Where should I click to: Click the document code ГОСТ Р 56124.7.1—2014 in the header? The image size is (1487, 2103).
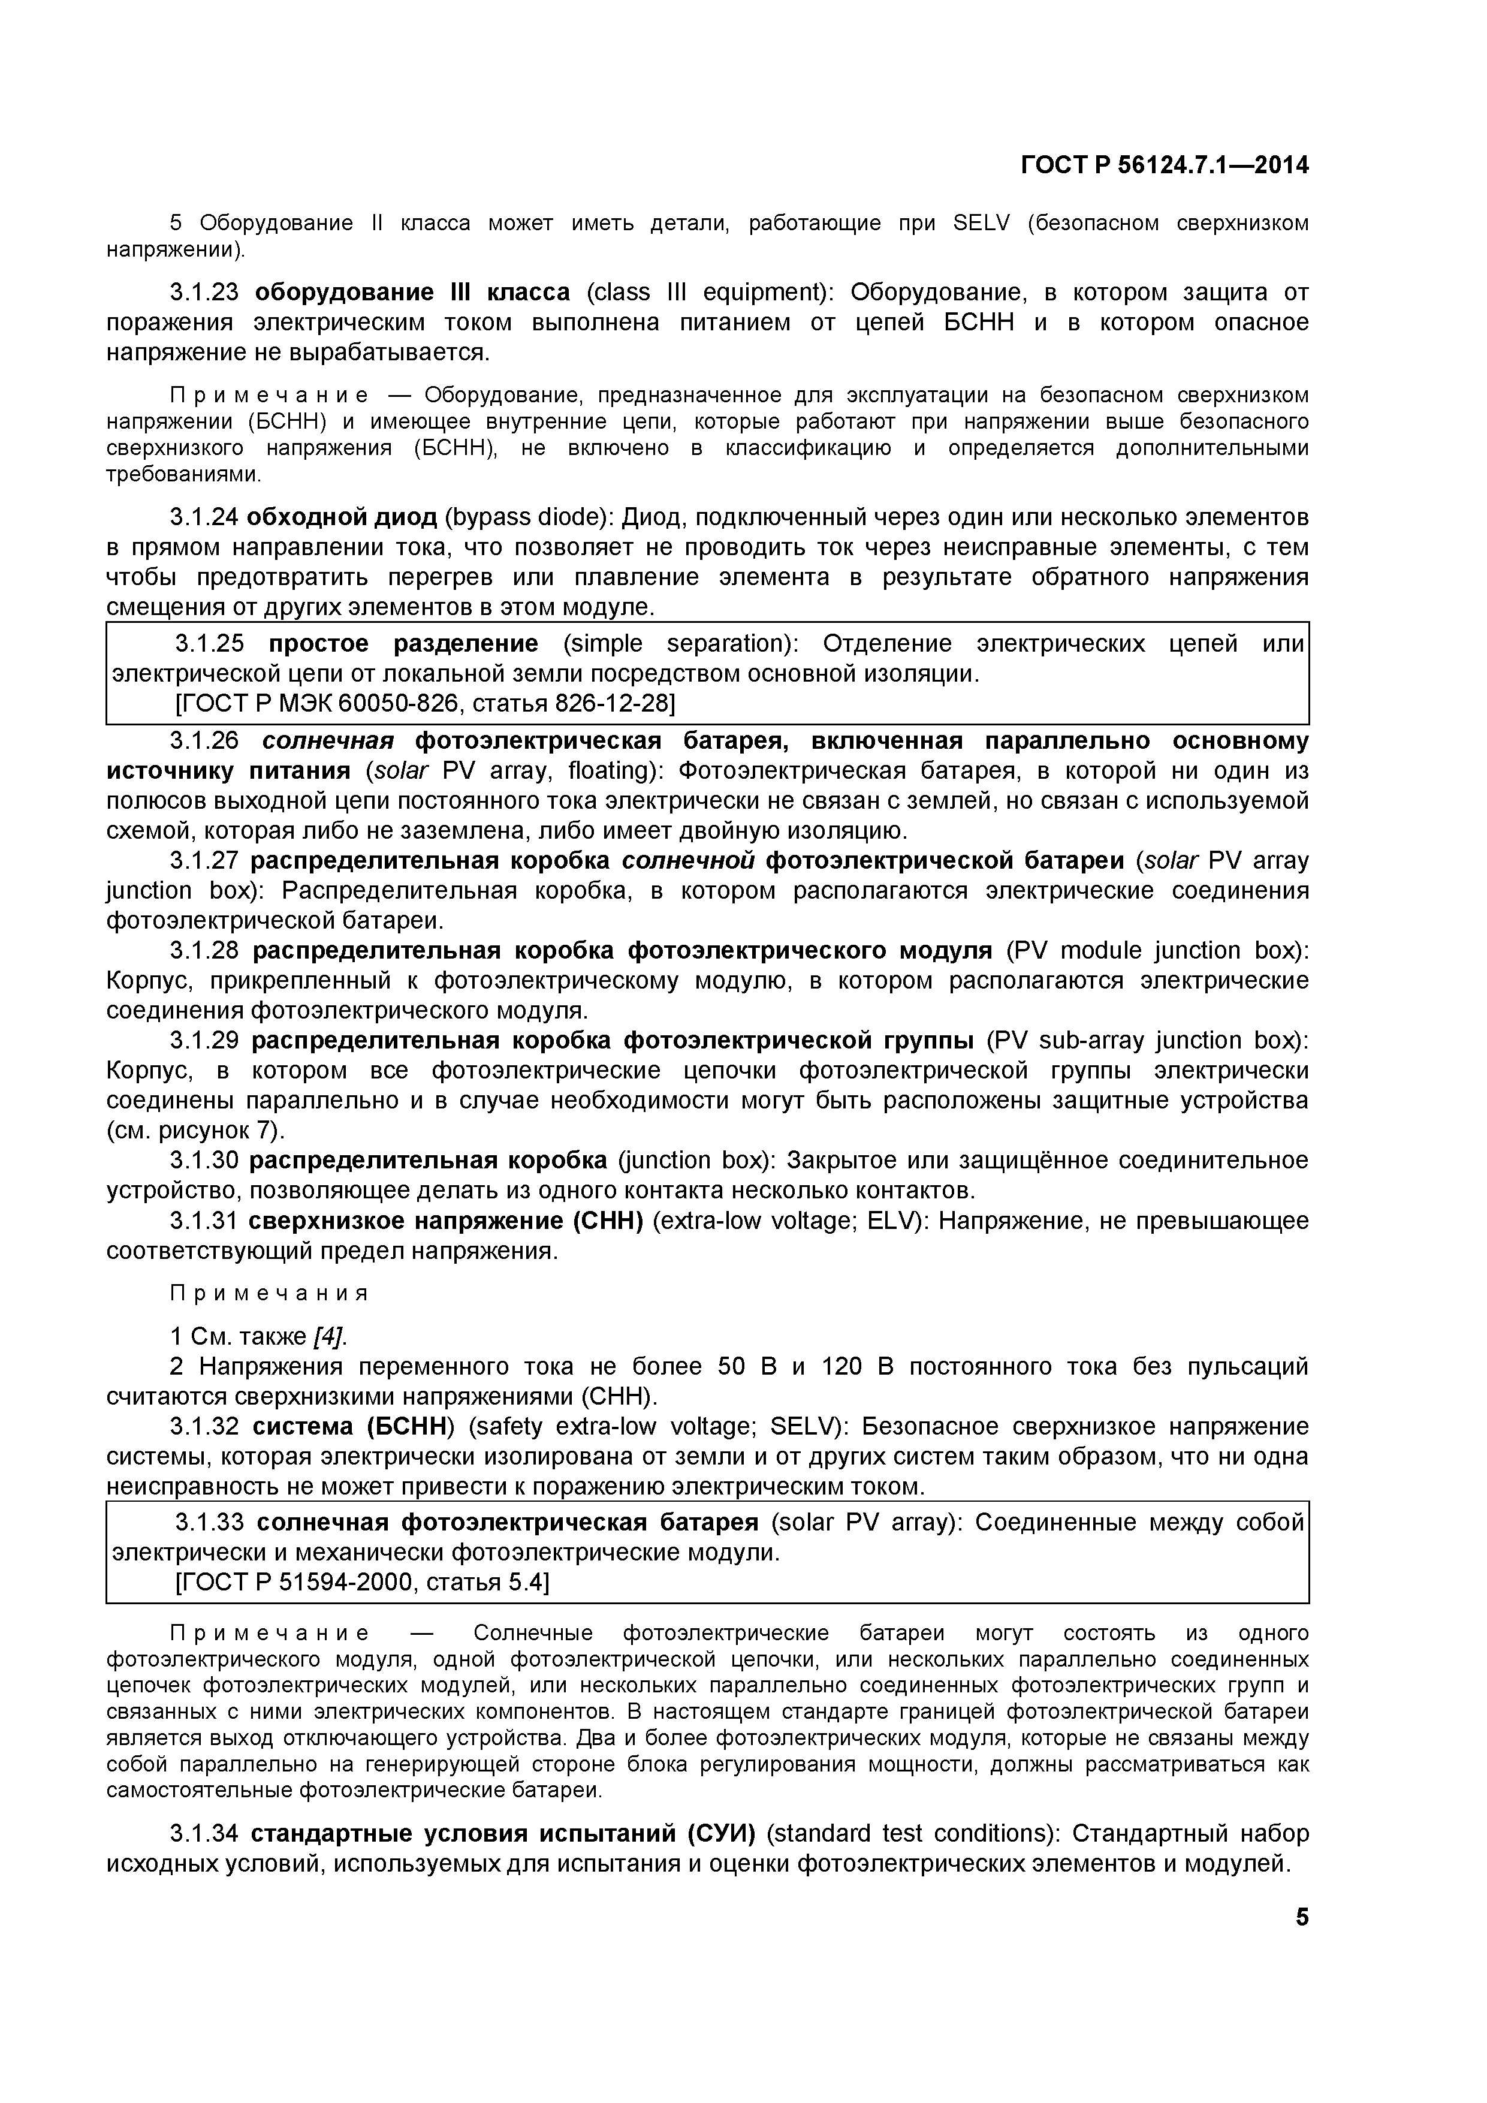1165,166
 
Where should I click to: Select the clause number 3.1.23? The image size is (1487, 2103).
204,292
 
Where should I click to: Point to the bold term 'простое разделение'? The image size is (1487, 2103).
403,644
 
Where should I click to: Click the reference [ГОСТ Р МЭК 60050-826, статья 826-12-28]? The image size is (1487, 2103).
425,703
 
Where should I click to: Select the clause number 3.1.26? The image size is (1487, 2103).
204,740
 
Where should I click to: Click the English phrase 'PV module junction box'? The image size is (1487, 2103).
1156,951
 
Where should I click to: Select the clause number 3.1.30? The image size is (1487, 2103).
204,1161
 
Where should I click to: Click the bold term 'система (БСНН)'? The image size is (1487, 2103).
352,1427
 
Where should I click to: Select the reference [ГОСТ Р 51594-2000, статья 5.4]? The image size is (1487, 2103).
361,1583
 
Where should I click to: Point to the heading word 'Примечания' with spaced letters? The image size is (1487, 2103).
269,1293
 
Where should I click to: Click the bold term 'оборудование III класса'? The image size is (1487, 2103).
412,292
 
